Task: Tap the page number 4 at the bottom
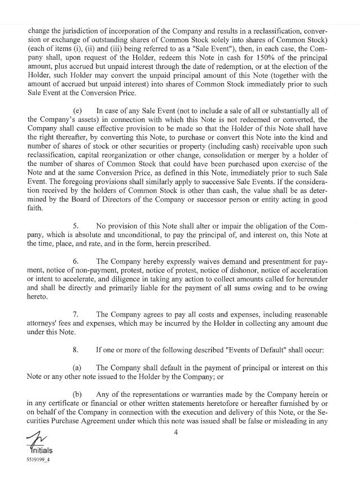click(x=176, y=433)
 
